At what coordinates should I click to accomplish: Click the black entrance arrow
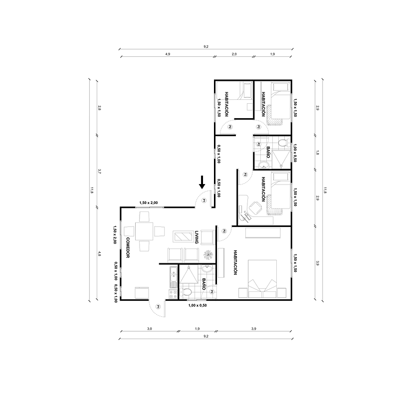202,182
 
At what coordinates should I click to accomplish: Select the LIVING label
197,236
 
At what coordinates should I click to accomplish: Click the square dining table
144,231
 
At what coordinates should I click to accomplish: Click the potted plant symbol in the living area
207,255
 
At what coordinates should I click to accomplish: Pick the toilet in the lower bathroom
186,292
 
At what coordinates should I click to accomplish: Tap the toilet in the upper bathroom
282,144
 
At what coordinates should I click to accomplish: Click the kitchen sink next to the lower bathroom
173,273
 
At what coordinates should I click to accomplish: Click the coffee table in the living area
183,236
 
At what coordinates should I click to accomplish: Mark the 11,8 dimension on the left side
91,190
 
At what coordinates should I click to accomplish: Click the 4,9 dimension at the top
168,53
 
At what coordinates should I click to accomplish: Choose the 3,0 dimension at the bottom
149,329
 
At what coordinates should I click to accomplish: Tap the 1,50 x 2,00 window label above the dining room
149,202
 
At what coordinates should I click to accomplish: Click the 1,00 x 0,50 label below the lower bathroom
198,305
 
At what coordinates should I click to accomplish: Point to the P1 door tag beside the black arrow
204,201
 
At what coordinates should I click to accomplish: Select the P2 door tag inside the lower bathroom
212,291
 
